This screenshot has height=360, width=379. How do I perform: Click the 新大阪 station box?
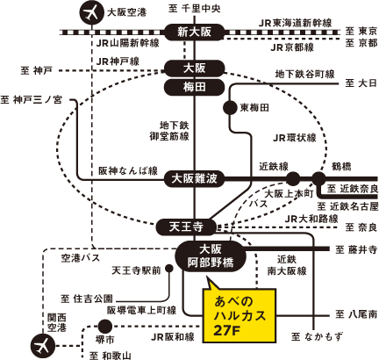[195, 32]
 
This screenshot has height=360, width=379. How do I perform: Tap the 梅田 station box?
[195, 87]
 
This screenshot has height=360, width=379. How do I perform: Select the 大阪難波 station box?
[195, 178]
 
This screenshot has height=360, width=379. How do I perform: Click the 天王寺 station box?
[186, 227]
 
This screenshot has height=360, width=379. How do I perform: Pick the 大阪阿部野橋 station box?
[211, 256]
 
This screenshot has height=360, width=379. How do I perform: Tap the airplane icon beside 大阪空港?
[92, 13]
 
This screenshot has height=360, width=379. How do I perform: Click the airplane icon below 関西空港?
[43, 346]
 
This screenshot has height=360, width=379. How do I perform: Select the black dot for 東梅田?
[230, 108]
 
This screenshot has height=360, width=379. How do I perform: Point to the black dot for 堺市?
[105, 327]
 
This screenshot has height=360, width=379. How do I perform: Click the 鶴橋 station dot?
[318, 178]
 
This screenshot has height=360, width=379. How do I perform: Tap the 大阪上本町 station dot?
[293, 178]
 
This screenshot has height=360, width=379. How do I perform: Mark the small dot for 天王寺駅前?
[169, 269]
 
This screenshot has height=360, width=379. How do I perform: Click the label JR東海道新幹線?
[295, 23]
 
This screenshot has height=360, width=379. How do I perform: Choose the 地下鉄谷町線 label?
[304, 75]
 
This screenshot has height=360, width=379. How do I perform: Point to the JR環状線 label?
[295, 138]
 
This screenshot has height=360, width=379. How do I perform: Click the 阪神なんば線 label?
[128, 171]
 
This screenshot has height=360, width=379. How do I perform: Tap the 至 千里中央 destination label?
[195, 9]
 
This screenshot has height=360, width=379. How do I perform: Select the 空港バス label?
[81, 258]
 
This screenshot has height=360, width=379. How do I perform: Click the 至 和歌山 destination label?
[111, 356]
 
